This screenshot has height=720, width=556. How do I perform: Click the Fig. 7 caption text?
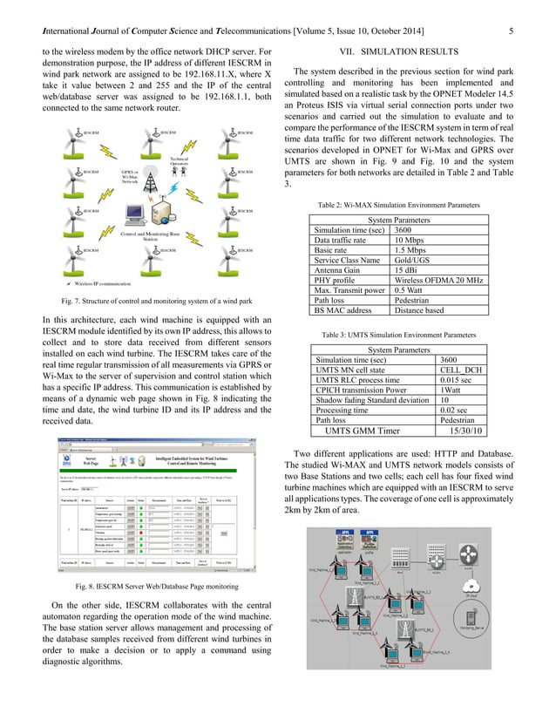pyautogui.click(x=153, y=301)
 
